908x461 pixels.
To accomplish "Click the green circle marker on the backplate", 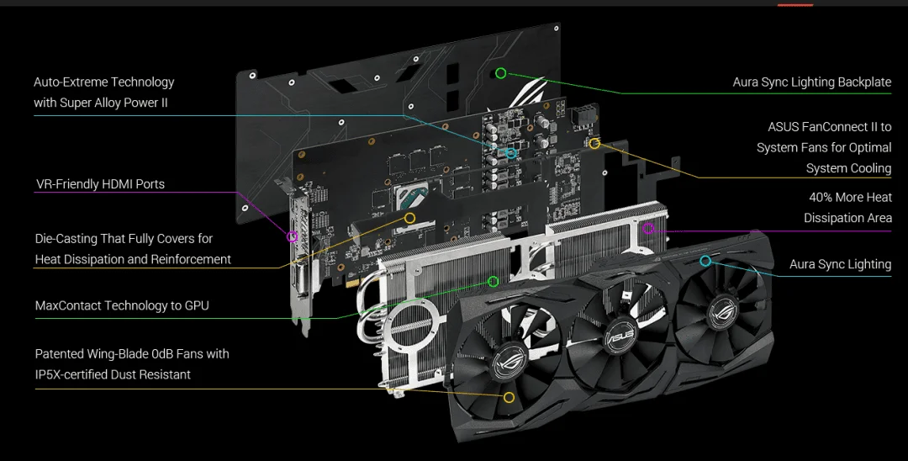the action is coord(501,73).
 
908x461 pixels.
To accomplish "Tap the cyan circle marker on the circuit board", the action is coord(511,153).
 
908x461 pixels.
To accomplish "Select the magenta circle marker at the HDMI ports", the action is coord(293,236).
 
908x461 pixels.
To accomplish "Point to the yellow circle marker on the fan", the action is coord(509,397).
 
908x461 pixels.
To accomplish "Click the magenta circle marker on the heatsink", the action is coord(648,228).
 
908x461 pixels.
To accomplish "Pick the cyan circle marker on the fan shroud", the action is coord(705,261).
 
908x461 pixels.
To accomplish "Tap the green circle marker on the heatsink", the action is coord(494,282).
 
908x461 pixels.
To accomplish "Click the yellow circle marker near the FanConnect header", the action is coord(594,143).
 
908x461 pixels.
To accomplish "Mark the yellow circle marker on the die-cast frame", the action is coord(410,218).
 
